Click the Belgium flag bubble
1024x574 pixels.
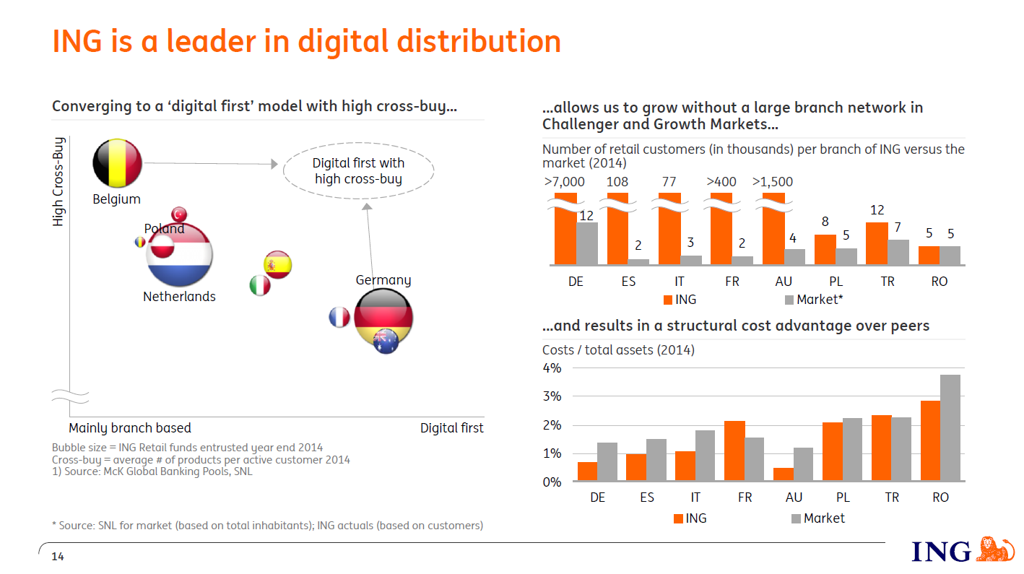click(x=117, y=163)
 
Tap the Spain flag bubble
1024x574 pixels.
click(x=277, y=265)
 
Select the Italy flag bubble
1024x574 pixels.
click(x=259, y=285)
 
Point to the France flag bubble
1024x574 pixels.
click(x=339, y=317)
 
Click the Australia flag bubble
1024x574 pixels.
click(x=386, y=342)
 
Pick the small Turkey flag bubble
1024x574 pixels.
click(x=179, y=214)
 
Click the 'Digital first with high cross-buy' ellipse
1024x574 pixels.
click(x=358, y=172)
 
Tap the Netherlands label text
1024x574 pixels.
click(x=179, y=297)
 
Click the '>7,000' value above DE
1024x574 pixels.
click(x=564, y=182)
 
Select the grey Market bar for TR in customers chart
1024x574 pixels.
click(x=898, y=252)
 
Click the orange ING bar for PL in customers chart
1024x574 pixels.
click(x=825, y=249)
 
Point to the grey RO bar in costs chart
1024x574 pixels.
click(x=950, y=427)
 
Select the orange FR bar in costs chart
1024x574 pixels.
click(x=734, y=451)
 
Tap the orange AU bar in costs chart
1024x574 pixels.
click(x=784, y=474)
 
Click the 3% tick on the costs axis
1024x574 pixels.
click(x=552, y=396)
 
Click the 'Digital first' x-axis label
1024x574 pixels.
click(x=451, y=428)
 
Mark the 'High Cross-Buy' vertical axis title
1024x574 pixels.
click(x=58, y=181)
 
